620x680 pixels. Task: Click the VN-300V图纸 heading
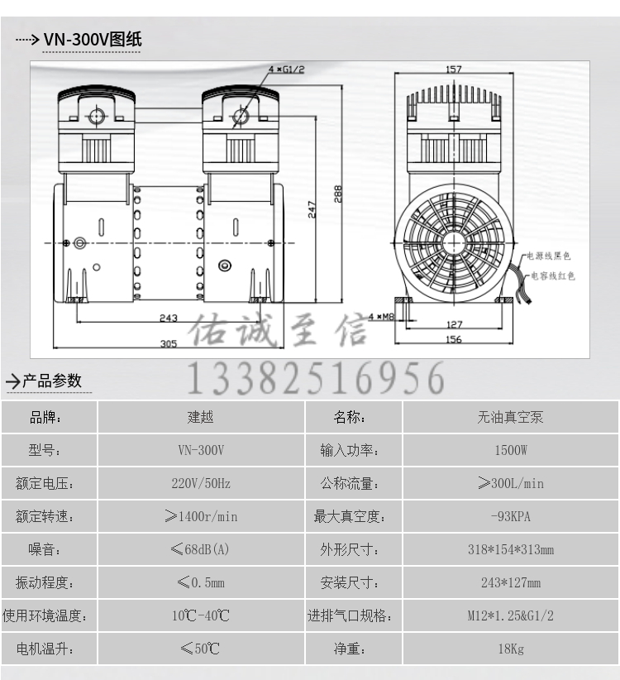pos(93,39)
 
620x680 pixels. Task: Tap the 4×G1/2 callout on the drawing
pos(286,69)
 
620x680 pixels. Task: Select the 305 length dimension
pos(169,344)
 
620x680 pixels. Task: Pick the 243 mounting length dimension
pos(169,318)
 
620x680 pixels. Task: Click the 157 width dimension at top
pos(453,69)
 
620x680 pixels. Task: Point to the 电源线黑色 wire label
pos(549,256)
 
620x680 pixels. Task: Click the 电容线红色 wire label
pos(552,275)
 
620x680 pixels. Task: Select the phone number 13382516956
pos(314,379)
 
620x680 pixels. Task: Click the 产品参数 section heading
pos(51,381)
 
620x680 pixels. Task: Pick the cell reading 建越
pos(201,418)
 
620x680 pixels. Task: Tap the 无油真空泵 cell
pos(510,418)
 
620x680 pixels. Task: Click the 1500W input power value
pos(510,451)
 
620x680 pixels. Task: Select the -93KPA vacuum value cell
pos(510,517)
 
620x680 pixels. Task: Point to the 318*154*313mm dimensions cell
pos(510,550)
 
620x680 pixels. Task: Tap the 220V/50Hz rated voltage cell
pos(201,484)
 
